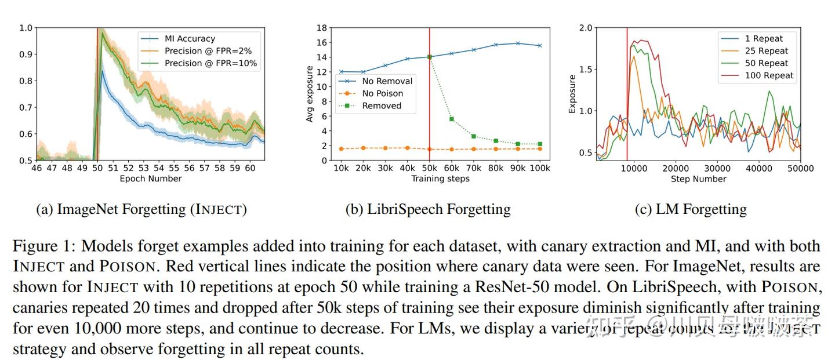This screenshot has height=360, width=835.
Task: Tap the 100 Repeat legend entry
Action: [769, 75]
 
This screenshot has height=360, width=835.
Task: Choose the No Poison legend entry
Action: [382, 93]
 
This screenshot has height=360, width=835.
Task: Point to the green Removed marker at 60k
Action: [451, 119]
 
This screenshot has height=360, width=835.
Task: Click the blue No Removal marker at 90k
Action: [518, 43]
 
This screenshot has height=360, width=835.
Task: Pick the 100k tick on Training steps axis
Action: [539, 168]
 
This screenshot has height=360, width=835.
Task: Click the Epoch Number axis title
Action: [151, 179]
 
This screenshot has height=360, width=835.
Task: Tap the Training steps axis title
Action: [441, 179]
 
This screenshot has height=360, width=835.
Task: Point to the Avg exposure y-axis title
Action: [310, 94]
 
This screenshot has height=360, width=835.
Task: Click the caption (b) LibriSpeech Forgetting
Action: [428, 209]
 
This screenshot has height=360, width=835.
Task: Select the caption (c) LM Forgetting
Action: [691, 209]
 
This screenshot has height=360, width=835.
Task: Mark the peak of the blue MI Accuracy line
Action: [102, 71]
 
